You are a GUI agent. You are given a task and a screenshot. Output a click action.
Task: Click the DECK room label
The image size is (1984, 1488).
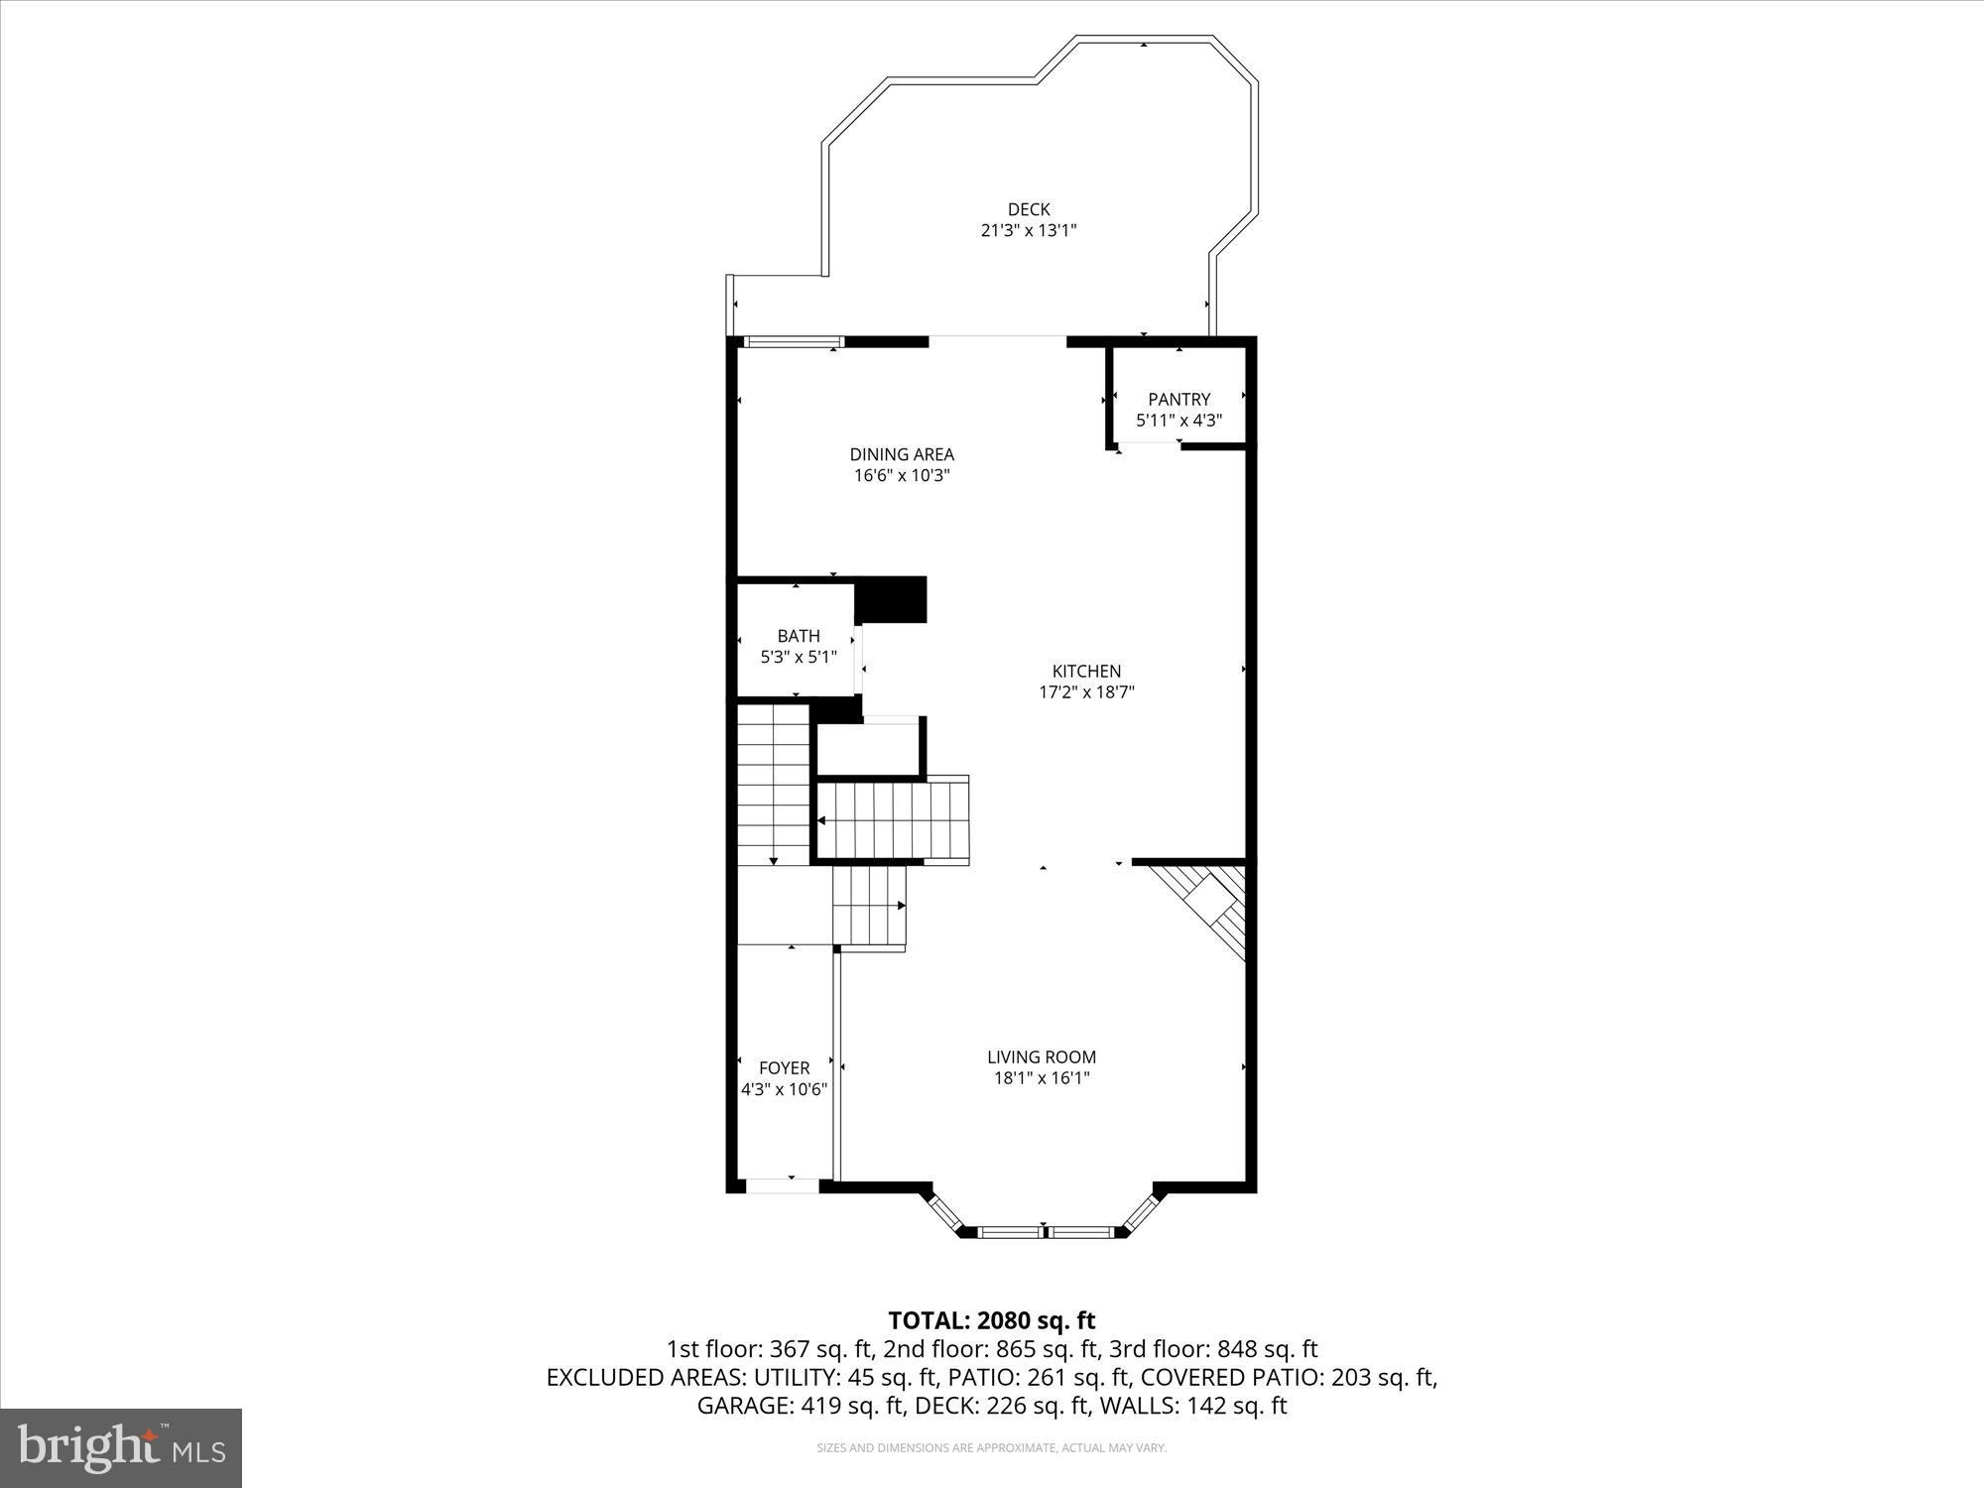tap(1029, 209)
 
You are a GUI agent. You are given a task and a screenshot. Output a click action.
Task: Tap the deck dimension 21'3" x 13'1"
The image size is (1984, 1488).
tap(1029, 230)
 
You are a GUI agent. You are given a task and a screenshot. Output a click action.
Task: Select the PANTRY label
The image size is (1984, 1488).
tap(1178, 399)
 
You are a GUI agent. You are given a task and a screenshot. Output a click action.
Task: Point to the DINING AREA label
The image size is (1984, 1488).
tap(902, 454)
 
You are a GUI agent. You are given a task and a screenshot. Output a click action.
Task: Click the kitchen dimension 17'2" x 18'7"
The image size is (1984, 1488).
tap(1086, 692)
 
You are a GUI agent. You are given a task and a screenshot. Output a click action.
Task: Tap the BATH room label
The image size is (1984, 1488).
tap(799, 636)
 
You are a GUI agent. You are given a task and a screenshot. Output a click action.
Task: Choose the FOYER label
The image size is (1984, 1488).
tap(784, 1067)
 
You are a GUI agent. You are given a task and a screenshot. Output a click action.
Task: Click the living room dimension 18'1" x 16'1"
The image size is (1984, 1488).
tap(1042, 1078)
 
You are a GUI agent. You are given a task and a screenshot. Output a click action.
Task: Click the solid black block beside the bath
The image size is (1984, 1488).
tap(891, 599)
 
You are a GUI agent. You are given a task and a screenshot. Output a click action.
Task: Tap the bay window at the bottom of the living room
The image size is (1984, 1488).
tap(1043, 1231)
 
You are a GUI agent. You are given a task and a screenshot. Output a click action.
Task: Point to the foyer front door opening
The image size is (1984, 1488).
tap(783, 1185)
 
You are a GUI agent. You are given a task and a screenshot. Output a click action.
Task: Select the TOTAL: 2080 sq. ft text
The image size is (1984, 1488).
tap(991, 1320)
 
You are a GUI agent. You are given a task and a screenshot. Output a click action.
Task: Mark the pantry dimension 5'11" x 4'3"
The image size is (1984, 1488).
tap(1178, 420)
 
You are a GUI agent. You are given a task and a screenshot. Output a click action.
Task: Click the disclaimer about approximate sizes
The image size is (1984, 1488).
tap(991, 1448)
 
